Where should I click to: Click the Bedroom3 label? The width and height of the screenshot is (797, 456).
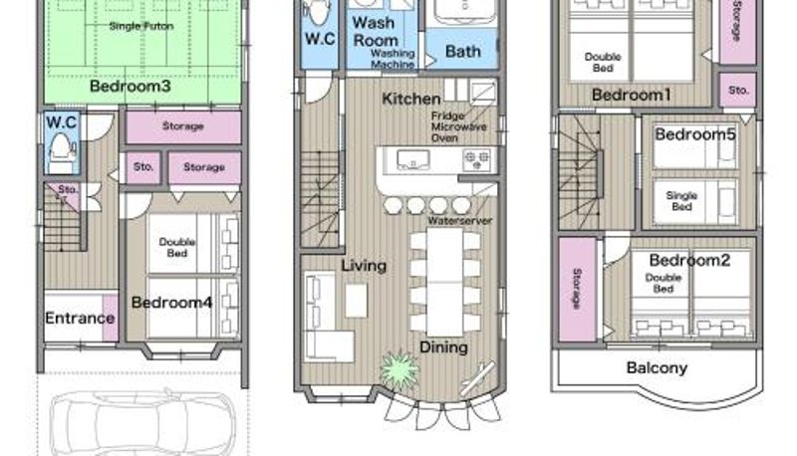click(131, 86)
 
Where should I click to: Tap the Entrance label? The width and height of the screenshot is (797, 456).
click(80, 319)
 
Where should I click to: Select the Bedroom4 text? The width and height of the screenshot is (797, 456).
click(171, 303)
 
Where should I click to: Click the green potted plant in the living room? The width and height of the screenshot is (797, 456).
click(400, 369)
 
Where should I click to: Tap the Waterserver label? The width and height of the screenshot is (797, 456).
click(459, 221)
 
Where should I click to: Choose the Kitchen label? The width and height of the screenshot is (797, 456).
click(411, 99)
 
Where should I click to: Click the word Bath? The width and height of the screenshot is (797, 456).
click(463, 52)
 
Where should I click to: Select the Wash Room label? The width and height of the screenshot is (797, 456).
click(376, 32)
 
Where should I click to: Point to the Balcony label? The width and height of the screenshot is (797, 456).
click(657, 367)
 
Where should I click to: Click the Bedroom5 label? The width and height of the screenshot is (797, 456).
click(694, 134)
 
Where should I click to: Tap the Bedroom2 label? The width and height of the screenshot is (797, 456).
click(689, 260)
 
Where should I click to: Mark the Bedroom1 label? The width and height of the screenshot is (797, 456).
click(632, 95)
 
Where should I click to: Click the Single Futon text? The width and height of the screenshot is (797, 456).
click(141, 26)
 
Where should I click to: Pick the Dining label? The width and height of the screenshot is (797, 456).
click(443, 347)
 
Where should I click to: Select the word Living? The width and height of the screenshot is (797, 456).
click(364, 266)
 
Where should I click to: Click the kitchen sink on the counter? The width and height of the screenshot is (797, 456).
click(412, 159)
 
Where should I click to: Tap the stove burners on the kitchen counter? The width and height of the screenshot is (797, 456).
click(477, 160)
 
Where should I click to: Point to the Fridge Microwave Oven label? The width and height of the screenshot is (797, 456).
click(458, 127)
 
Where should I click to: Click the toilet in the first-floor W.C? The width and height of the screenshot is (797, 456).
click(60, 147)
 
